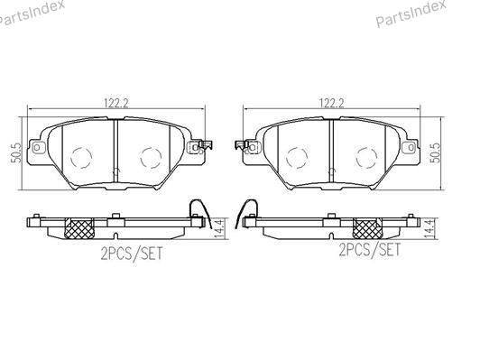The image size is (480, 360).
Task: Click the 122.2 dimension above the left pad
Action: click(116, 103)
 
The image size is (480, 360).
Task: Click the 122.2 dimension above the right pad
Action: click(332, 103)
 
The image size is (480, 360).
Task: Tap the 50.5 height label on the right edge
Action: click(435, 152)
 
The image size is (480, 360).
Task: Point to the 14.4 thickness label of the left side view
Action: click(219, 228)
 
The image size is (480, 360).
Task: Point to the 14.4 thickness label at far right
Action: click(429, 228)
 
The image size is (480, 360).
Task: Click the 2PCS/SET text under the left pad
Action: click(132, 254)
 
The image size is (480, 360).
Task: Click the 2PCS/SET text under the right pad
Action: click(370, 250)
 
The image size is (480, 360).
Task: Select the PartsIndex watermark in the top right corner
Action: click(411, 13)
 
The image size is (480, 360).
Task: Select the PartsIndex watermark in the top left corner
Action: click(31, 13)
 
